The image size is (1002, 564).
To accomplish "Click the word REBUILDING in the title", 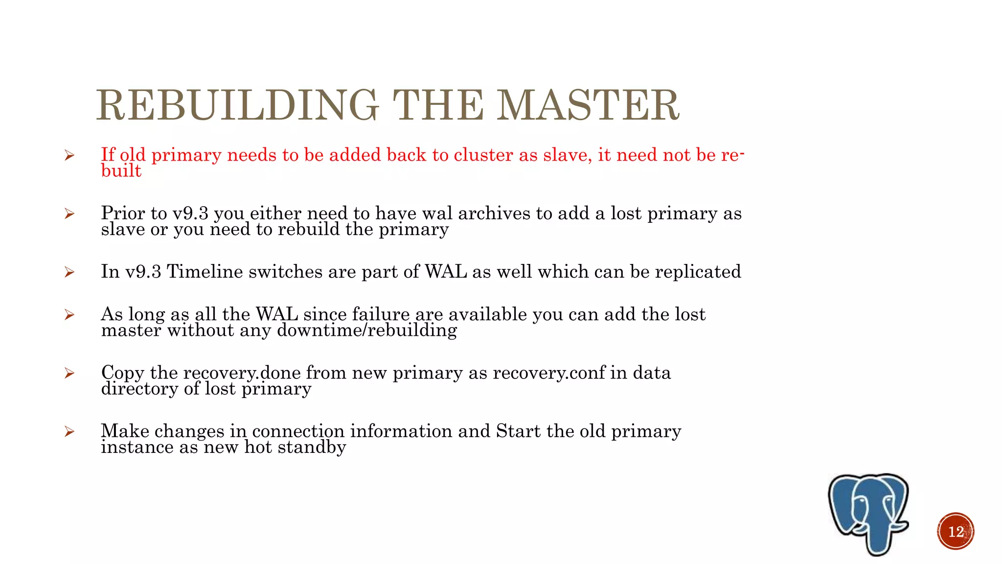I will pos(237,105).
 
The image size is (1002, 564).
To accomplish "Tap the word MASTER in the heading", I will pos(588,105).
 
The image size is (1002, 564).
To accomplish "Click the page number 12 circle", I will pos(956,531).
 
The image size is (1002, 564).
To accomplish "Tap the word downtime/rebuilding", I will pos(367,330).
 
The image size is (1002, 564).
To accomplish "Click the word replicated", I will pos(698,272).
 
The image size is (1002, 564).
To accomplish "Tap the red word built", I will pos(121,171).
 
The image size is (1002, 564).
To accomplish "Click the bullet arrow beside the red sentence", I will pos(69,156).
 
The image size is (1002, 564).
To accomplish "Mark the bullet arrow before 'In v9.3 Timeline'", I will pos(69,272).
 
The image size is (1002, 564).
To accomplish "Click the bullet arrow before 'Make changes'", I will pos(69,431).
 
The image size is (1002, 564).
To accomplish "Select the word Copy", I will pos(122,373).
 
